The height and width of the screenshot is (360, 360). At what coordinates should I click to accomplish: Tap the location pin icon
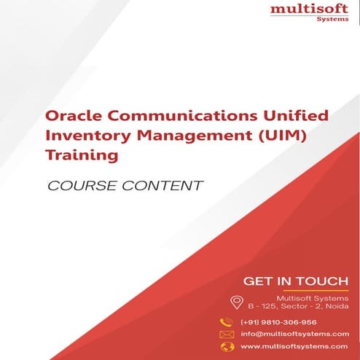coord(236,302)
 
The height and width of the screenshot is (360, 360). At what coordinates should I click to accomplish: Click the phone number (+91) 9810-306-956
coord(278,321)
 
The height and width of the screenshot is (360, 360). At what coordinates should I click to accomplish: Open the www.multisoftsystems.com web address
coord(294,346)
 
